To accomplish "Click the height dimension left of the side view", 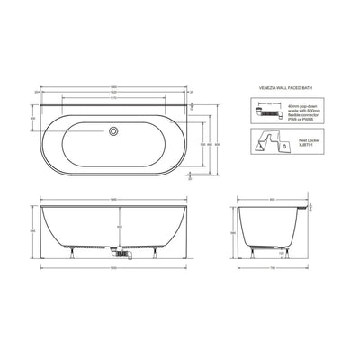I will click(234, 232).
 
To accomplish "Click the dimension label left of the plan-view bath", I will click(34, 118).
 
